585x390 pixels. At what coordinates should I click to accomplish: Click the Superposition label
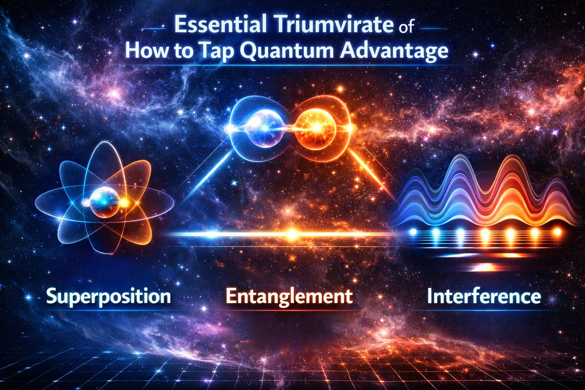[x=109, y=296]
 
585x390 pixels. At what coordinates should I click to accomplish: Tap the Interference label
[x=484, y=296]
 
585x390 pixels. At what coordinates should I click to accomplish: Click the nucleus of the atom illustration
[x=103, y=202]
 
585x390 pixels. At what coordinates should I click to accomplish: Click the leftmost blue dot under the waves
[x=413, y=232]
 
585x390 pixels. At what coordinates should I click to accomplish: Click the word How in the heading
[x=145, y=51]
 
